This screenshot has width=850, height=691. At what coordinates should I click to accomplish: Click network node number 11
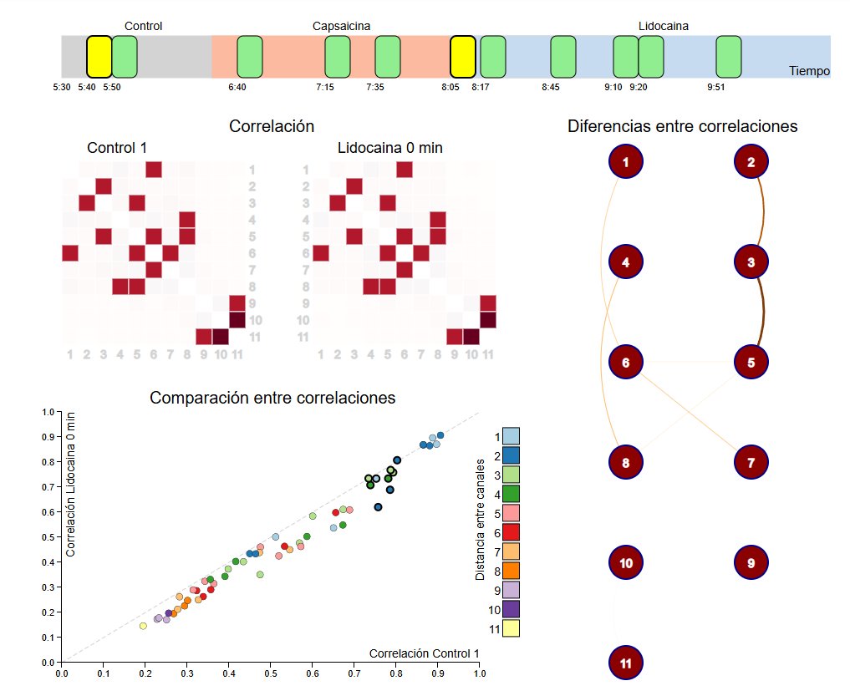(x=626, y=663)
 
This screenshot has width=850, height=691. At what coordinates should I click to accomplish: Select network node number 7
(x=751, y=462)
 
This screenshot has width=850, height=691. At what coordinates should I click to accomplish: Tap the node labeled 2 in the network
(x=751, y=162)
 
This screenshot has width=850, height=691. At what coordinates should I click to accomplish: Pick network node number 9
(x=751, y=562)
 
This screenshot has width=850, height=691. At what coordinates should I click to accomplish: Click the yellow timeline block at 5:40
(x=99, y=57)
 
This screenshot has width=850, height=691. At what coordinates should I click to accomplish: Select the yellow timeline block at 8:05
(x=463, y=57)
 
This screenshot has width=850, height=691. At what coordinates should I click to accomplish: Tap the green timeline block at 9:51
(x=729, y=57)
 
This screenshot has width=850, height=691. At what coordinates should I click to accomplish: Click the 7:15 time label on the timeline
(x=325, y=87)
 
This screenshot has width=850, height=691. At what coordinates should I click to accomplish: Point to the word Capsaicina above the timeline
(x=342, y=26)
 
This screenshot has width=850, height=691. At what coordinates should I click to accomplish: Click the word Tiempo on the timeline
(x=809, y=71)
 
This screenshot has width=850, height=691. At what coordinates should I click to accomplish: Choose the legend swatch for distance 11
(x=511, y=628)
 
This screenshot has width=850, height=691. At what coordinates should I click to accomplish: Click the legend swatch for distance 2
(x=511, y=455)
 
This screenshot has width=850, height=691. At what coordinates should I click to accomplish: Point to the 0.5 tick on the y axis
(x=48, y=537)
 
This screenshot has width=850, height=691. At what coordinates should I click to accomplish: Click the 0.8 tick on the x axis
(x=395, y=671)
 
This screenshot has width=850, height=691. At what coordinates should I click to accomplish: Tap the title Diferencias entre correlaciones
(x=682, y=126)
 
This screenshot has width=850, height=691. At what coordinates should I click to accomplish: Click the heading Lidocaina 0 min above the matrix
(x=390, y=148)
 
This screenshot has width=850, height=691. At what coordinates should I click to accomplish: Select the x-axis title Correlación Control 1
(x=424, y=653)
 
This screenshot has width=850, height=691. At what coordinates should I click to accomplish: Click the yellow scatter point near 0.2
(x=143, y=626)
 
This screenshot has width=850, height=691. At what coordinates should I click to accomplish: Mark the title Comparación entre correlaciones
(x=272, y=398)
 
